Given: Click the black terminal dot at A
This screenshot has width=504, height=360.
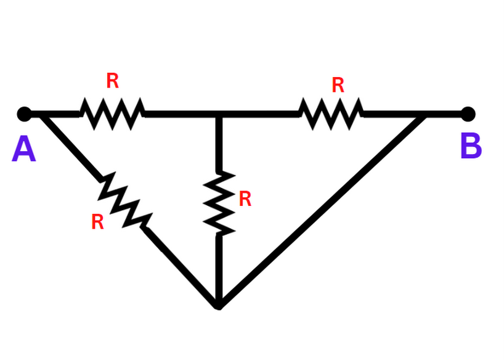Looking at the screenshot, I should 24,114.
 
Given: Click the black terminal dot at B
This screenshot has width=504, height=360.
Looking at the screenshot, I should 468,114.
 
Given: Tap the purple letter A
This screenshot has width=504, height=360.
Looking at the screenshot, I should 24,150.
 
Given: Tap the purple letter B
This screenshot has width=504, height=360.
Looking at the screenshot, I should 471,147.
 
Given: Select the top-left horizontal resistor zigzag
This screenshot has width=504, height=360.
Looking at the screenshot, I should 112,114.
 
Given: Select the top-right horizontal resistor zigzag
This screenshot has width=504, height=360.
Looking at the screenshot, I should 331,114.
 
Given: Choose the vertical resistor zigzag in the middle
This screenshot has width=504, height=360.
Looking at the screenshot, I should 219,203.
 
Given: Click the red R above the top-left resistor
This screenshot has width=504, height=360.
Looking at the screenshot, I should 112,81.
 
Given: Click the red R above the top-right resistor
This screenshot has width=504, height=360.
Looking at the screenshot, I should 338,85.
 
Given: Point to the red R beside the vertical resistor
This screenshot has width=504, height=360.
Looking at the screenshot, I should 245,198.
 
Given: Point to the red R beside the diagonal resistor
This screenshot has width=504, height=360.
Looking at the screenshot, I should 97,222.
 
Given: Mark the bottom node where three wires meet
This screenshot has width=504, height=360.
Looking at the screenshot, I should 218,304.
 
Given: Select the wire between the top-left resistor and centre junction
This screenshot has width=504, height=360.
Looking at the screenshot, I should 180,114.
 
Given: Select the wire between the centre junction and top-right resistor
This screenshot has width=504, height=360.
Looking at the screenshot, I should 259,114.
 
